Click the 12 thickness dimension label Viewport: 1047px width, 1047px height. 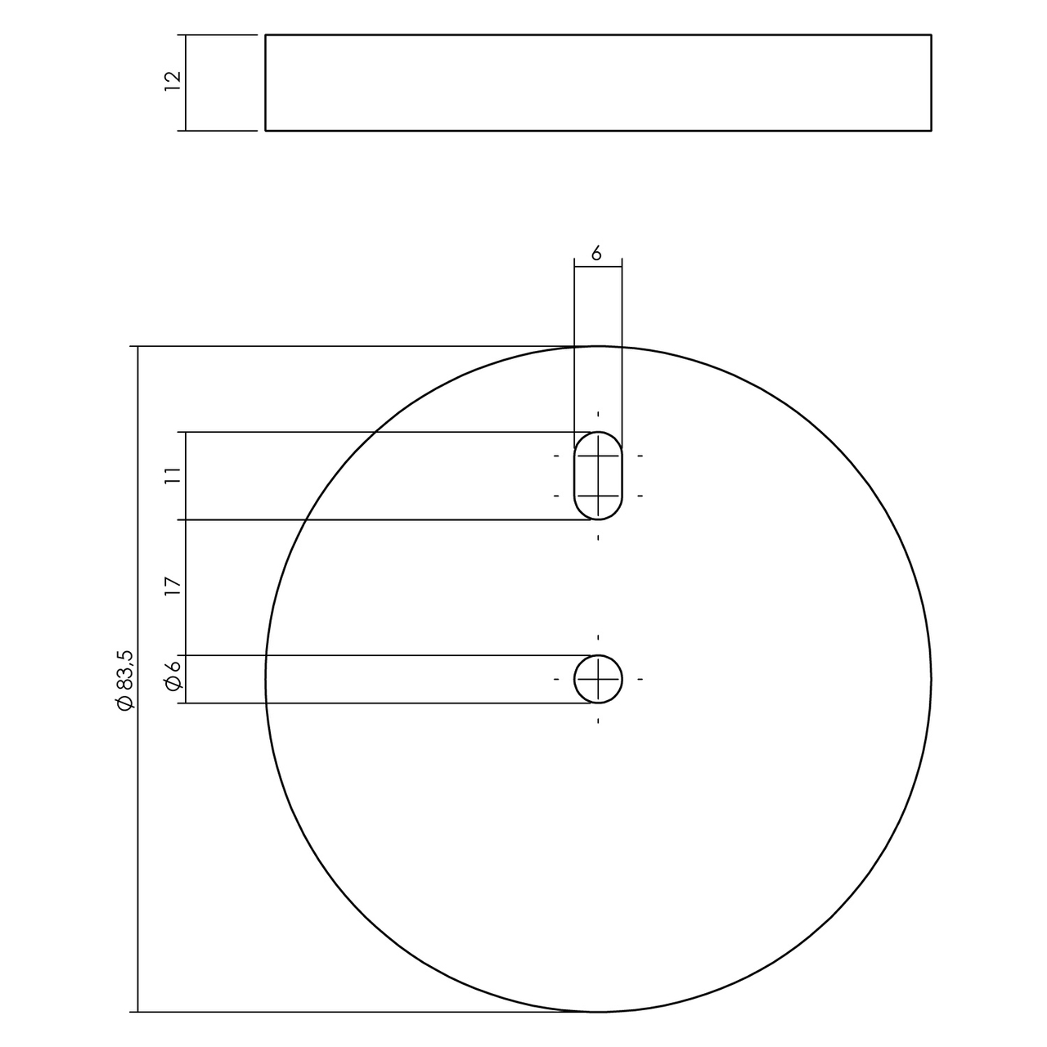pos(172,81)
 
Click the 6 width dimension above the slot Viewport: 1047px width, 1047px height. pos(597,254)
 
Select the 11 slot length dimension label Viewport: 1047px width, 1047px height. pos(172,476)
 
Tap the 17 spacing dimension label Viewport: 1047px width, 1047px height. pos(172,586)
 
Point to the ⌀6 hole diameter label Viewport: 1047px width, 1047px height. pos(173,679)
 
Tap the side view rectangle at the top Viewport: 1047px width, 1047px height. pos(598,82)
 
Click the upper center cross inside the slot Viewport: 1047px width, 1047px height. pos(598,456)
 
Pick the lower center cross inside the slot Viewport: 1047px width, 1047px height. pos(598,496)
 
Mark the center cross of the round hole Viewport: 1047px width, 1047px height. pos(598,679)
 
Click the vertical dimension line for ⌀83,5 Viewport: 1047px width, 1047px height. pos(137,818)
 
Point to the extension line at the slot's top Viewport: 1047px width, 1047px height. pos(368,432)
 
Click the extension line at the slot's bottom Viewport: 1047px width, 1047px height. pos(368,519)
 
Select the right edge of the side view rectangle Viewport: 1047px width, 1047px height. pos(931,82)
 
